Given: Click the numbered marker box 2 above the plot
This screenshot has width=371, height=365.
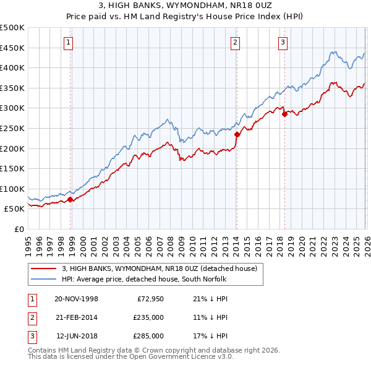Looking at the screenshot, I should (236, 43).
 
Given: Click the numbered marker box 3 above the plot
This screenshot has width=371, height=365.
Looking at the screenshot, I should (283, 43).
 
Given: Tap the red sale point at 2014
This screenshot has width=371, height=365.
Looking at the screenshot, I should (237, 133).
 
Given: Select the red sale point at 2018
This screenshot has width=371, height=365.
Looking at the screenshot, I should (284, 114).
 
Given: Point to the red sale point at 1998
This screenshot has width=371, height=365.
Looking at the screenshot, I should (70, 199).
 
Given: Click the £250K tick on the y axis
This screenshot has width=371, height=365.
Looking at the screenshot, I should (12, 128).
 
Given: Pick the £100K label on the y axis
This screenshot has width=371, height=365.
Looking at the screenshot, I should (12, 189).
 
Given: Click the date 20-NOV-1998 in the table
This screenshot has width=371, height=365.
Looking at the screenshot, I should (76, 299).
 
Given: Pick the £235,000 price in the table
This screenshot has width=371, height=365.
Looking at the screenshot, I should (148, 317).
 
